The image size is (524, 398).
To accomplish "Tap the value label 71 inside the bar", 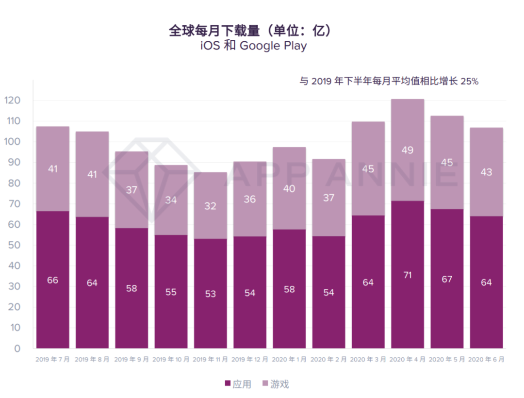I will (x=408, y=275).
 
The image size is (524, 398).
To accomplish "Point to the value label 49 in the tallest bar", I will (x=408, y=150).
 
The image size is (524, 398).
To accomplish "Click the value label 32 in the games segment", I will (x=210, y=206).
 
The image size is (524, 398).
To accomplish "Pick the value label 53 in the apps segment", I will (x=210, y=294).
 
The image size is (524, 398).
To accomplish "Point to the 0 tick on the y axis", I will (x=17, y=348).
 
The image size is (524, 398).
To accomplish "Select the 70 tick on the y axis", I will (x=15, y=204).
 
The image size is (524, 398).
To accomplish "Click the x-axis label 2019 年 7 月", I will (x=52, y=360).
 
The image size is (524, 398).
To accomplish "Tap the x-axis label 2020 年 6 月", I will (x=486, y=360).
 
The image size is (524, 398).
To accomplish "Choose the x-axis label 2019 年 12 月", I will (x=250, y=360).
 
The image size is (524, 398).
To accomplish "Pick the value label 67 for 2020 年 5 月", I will (x=447, y=279).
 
